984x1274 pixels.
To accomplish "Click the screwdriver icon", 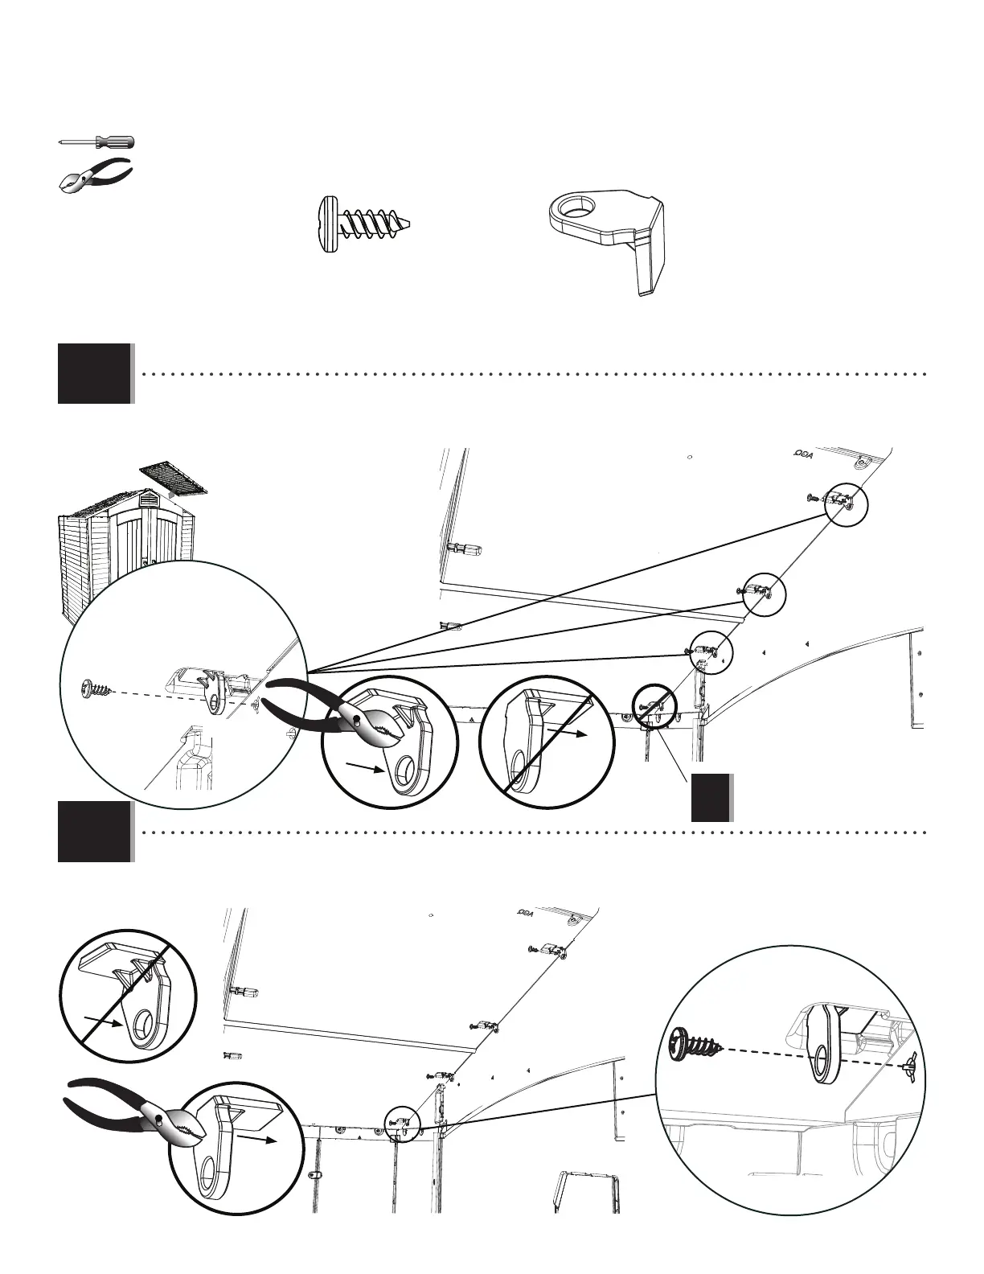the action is click(x=97, y=142).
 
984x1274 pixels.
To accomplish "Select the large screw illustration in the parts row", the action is click(x=367, y=224).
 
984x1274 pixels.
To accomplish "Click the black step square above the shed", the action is click(x=94, y=373).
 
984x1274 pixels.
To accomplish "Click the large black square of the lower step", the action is click(x=94, y=832).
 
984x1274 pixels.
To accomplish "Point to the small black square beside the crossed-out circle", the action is click(x=711, y=797).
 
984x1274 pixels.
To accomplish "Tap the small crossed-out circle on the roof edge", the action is click(x=654, y=705).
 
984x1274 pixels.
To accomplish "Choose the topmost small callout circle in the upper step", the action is click(x=847, y=502).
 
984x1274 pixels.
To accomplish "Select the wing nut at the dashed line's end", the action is click(x=912, y=1060).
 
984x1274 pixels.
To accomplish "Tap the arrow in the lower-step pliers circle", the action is click(x=264, y=1140).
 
